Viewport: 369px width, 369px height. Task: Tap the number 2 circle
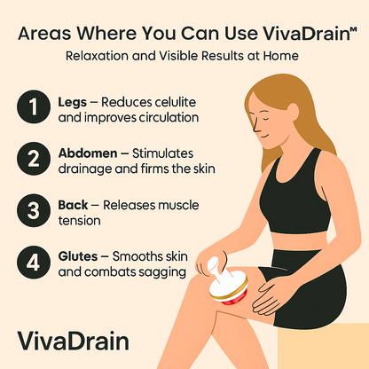(x=32, y=160)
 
